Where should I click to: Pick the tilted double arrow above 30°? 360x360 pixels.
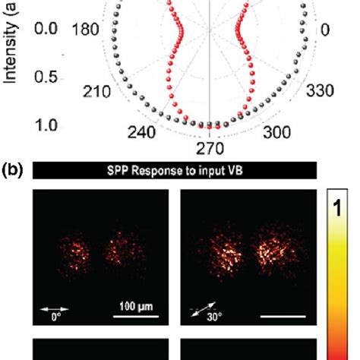202,308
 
